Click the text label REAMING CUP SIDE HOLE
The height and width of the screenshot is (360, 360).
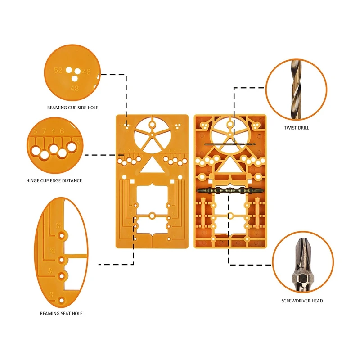72,108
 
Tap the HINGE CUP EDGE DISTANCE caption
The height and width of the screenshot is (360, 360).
54,180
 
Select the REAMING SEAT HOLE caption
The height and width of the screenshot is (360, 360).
61,313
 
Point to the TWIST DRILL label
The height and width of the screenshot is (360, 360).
296,128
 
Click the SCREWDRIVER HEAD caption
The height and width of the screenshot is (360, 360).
302,301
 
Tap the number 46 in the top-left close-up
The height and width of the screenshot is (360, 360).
86,72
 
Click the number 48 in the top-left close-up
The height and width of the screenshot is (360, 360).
75,89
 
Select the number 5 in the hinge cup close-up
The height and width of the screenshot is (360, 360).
35,131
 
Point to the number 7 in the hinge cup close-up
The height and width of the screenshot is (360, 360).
44,131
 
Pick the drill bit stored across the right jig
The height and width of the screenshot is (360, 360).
229,144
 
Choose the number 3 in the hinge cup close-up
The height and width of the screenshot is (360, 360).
78,142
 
